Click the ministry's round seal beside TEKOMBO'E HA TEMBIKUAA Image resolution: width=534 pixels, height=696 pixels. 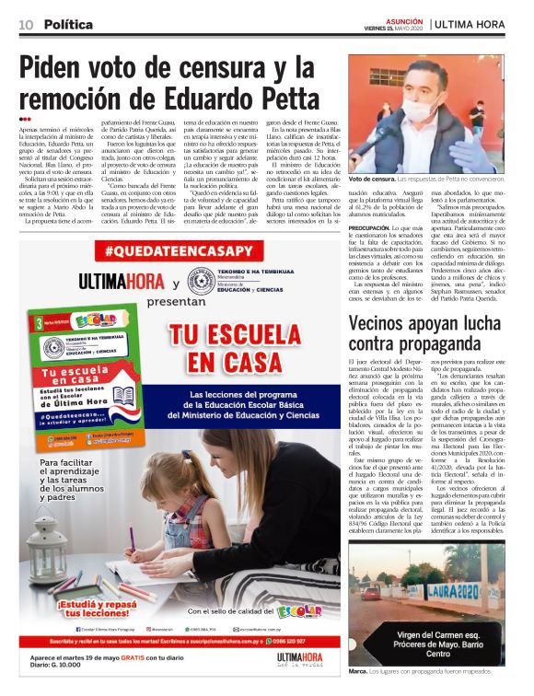(202, 280)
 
